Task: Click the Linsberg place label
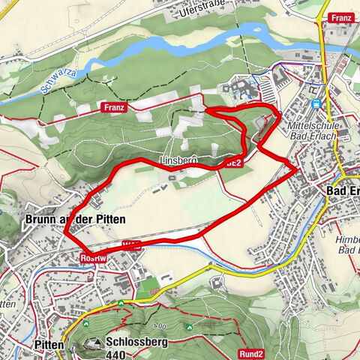(178, 161)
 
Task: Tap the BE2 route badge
(234, 161)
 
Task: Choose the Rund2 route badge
(252, 354)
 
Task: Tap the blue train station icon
(316, 104)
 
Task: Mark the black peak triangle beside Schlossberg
(96, 344)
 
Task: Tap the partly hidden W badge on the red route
(129, 244)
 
